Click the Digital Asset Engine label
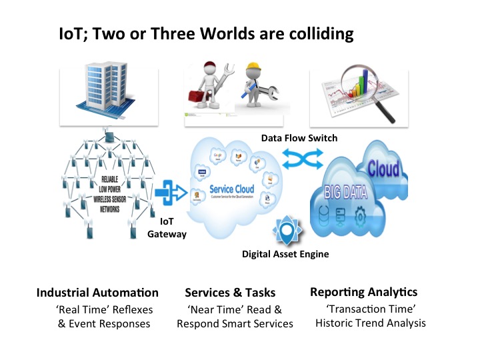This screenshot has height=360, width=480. tap(285, 254)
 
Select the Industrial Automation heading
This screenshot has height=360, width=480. tap(97, 293)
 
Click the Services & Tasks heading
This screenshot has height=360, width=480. tap(230, 293)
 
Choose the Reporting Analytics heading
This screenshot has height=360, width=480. tap(363, 292)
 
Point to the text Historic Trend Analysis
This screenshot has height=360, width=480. tap(370, 323)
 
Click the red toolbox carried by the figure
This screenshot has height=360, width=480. tap(201, 96)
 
